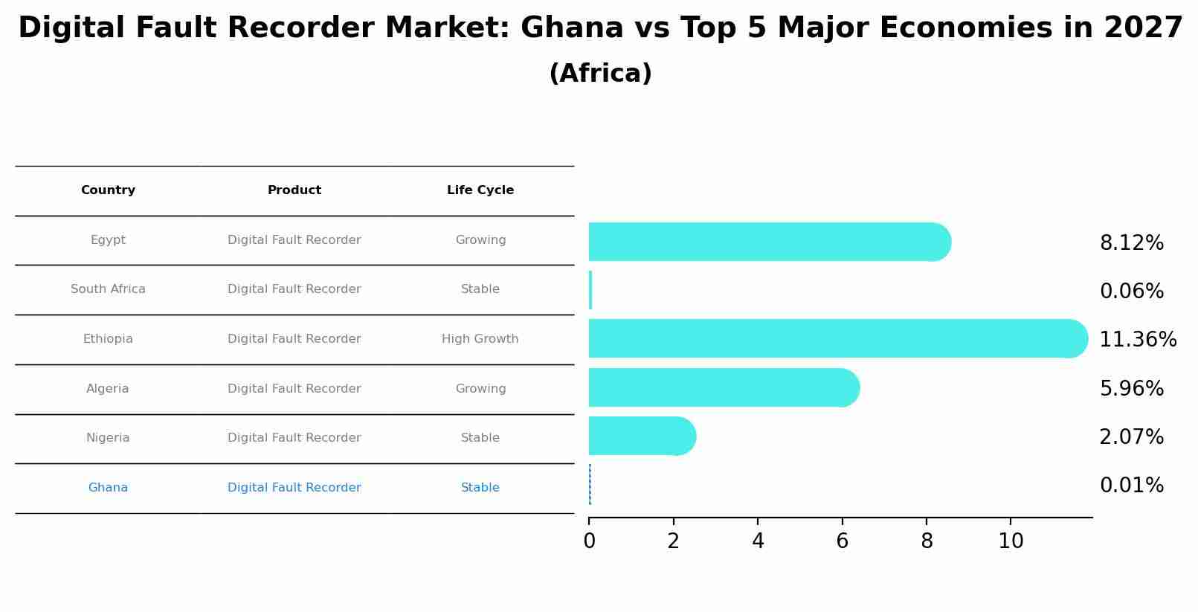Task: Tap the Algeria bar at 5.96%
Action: pos(723,387)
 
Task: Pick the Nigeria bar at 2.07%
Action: pos(641,436)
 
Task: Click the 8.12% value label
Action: pos(1131,243)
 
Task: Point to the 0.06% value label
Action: pos(1131,291)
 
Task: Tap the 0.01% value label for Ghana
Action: pos(1131,486)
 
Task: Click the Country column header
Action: pos(108,190)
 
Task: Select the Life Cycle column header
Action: pos(480,190)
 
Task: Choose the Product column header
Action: pos(294,190)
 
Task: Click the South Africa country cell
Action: pos(108,289)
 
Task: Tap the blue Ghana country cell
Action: pos(108,488)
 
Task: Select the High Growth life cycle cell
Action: pos(480,339)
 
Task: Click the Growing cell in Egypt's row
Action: pos(480,240)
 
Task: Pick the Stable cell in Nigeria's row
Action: pos(480,438)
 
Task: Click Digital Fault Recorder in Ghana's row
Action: pos(294,488)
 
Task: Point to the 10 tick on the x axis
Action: pos(1011,541)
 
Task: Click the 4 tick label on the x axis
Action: pos(758,541)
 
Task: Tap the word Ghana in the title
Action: pos(571,28)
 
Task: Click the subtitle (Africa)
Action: pos(599,74)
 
